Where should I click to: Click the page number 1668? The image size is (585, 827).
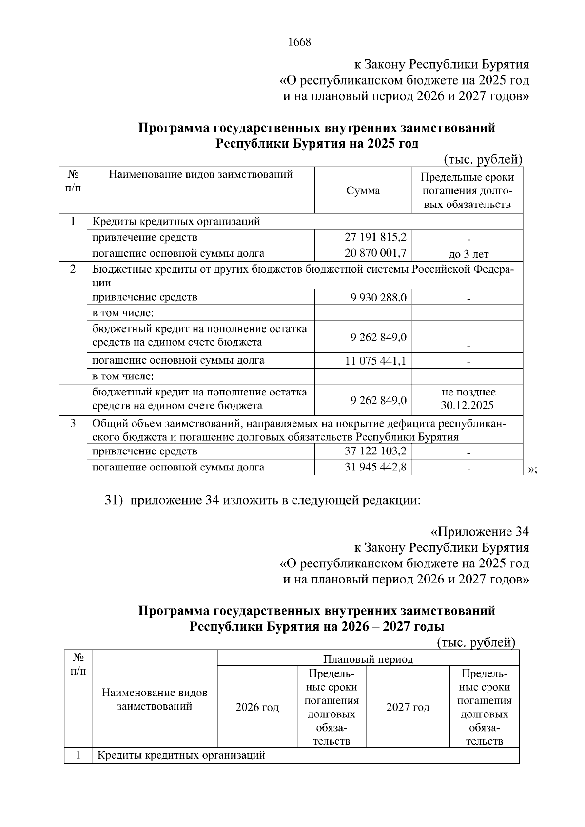click(x=299, y=42)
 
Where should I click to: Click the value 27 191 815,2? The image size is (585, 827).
click(x=375, y=237)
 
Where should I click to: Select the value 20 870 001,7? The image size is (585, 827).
click(x=375, y=253)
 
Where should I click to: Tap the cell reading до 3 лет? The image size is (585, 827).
click(x=468, y=254)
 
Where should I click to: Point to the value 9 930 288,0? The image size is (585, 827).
click(x=378, y=297)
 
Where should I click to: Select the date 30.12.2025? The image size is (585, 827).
click(x=467, y=405)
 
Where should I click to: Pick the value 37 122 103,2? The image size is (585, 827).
click(x=375, y=451)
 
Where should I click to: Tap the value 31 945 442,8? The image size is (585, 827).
click(x=375, y=467)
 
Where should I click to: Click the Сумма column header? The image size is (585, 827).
click(x=363, y=191)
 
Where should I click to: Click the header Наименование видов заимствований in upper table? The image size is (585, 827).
click(x=200, y=174)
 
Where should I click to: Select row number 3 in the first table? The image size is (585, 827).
click(x=73, y=423)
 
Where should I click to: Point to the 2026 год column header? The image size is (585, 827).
click(x=257, y=707)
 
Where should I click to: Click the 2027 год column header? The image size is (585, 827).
click(x=408, y=707)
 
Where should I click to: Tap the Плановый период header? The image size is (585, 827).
click(x=368, y=659)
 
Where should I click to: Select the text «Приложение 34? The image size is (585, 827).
click(x=480, y=531)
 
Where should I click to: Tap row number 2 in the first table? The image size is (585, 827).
click(x=73, y=269)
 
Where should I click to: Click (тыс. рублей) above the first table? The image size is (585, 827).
click(x=483, y=159)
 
